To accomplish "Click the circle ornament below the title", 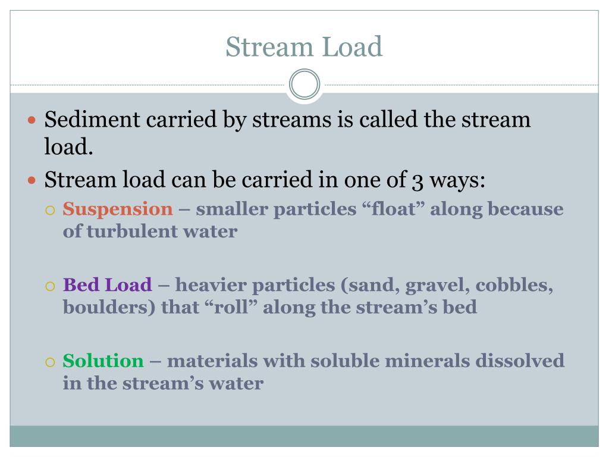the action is [x=304, y=84].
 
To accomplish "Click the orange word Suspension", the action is [x=118, y=209].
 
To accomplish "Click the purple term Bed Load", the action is [x=108, y=285].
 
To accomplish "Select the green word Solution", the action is [x=103, y=361].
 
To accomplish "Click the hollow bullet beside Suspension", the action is [x=51, y=210].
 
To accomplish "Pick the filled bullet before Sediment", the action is [x=33, y=121].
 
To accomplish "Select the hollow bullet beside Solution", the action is [x=51, y=362].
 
